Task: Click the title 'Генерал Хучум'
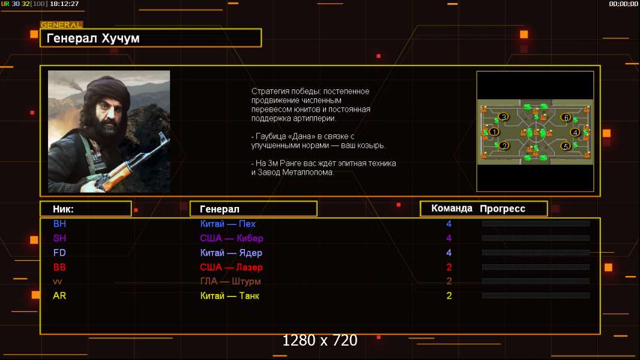[93, 38]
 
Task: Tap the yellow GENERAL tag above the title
[62, 25]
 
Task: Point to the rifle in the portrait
[131, 163]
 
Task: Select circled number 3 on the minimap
[504, 117]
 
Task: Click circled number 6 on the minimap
[566, 118]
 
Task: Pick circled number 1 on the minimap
[494, 131]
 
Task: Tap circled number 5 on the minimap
[566, 146]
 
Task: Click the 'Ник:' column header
[63, 209]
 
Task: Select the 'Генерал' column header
[220, 209]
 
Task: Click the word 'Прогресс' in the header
[503, 209]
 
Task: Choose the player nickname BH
[59, 224]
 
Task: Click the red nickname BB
[59, 268]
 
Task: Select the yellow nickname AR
[59, 296]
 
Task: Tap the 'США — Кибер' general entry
[231, 238]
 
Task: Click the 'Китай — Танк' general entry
[229, 296]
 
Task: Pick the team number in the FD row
[449, 253]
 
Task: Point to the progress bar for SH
[536, 238]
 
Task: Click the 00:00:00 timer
[623, 4]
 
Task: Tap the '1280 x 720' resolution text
[320, 340]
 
